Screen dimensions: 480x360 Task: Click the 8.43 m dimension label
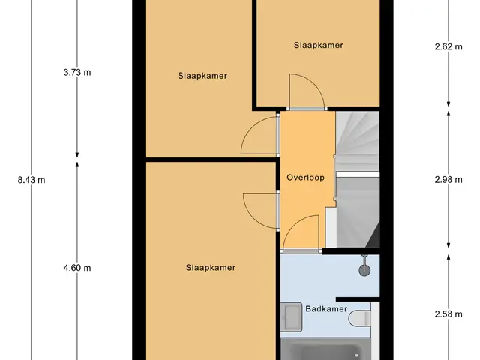[x=31, y=180]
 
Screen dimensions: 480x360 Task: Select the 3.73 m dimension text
[x=77, y=72]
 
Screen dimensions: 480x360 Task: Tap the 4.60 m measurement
[x=77, y=268]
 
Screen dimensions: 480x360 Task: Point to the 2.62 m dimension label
[x=448, y=46]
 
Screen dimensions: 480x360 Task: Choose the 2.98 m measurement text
[x=448, y=180]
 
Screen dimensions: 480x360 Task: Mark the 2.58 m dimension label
[x=448, y=314]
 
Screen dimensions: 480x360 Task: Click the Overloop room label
[x=305, y=178]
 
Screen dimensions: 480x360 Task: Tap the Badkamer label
[x=326, y=308]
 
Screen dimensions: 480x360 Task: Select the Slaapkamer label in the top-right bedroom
[x=318, y=45]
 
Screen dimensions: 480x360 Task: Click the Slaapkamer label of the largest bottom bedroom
[x=211, y=268]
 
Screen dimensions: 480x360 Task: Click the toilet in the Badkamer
[x=360, y=318]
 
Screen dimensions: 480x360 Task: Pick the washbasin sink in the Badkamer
[x=291, y=316]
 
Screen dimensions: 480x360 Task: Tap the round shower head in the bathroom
[x=364, y=270]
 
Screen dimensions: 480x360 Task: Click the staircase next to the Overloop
[x=358, y=179]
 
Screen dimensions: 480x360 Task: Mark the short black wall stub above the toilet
[x=358, y=299]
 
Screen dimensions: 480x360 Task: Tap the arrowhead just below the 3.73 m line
[x=77, y=154]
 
